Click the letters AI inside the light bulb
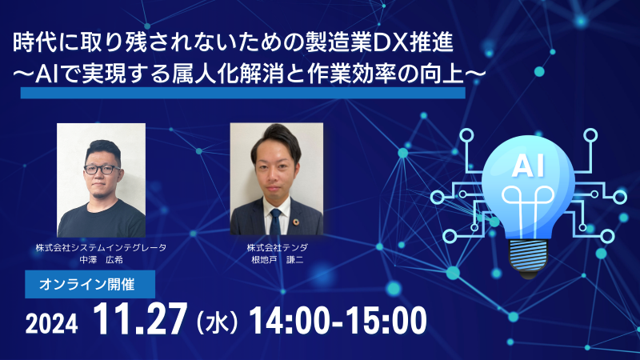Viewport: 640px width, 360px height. (x=528, y=166)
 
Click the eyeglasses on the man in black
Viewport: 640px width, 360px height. (x=102, y=170)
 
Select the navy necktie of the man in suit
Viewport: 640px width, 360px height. (x=275, y=222)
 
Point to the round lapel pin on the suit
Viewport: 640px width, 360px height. (x=295, y=222)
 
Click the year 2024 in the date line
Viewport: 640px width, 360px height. (x=51, y=324)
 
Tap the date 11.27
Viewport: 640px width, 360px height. (x=140, y=319)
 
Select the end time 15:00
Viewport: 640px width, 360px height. (x=388, y=321)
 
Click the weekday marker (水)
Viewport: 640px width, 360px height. (x=217, y=322)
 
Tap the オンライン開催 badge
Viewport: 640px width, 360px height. (x=90, y=284)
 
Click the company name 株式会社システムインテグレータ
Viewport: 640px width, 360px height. (x=102, y=247)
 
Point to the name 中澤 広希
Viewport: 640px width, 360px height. (x=102, y=259)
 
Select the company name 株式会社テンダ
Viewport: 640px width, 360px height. (x=277, y=247)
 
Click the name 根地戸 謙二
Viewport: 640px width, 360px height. (x=277, y=259)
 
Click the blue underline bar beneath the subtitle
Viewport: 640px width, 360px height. (x=243, y=93)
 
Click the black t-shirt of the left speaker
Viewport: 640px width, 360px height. (x=102, y=219)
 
